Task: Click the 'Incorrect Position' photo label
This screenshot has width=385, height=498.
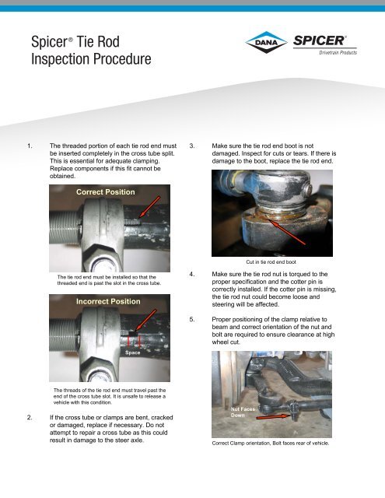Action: point(109,300)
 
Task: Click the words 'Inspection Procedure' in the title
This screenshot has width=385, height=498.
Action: point(89,60)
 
